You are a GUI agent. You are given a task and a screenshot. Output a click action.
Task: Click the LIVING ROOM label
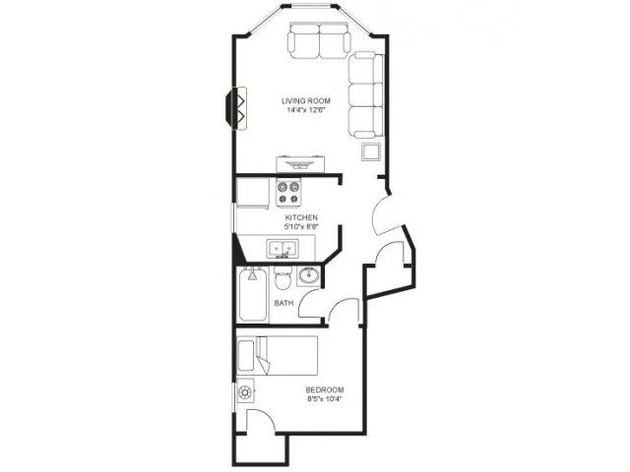click(x=306, y=100)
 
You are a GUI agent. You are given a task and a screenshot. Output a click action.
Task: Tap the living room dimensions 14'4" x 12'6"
click(x=305, y=110)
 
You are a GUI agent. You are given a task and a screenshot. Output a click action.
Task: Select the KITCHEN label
click(x=301, y=217)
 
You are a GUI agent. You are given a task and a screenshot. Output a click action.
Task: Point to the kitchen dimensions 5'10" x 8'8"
click(x=301, y=227)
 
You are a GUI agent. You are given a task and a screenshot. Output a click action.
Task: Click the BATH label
click(x=283, y=303)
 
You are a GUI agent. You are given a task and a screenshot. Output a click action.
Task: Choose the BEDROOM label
click(x=325, y=389)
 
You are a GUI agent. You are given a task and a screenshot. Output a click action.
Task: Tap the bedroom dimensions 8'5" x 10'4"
click(x=325, y=399)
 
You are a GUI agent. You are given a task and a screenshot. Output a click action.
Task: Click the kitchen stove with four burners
click(x=288, y=193)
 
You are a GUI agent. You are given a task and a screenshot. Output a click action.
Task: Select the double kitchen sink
click(x=283, y=249)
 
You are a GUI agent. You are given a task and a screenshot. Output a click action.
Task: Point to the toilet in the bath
click(x=283, y=277)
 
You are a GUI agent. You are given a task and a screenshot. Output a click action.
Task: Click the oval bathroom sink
click(x=308, y=275)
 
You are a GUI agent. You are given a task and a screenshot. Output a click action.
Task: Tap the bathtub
click(x=252, y=295)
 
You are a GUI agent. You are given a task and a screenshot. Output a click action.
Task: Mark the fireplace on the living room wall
click(x=236, y=108)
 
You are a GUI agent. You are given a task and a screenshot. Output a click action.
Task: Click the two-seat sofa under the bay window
click(x=319, y=41)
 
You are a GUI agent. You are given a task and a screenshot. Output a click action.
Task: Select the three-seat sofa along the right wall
click(x=365, y=95)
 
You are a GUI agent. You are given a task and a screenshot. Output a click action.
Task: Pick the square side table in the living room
click(x=370, y=151)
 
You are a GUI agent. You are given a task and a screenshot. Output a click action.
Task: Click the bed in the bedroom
click(x=278, y=356)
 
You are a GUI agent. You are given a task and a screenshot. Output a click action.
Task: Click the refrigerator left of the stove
click(x=253, y=193)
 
